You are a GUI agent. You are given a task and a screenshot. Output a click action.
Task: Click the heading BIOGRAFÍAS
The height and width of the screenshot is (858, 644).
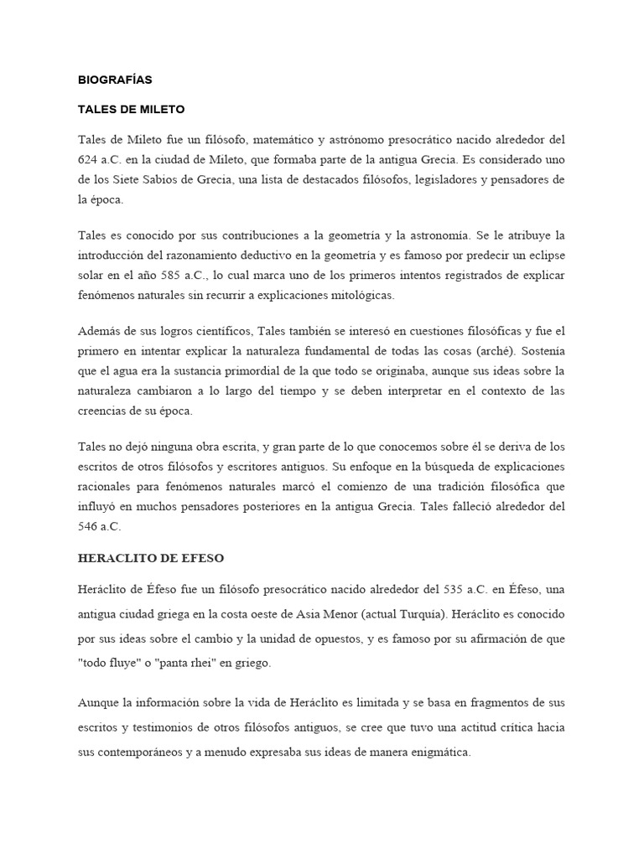[115, 80]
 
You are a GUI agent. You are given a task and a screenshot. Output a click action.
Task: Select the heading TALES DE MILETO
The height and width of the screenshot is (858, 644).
[131, 110]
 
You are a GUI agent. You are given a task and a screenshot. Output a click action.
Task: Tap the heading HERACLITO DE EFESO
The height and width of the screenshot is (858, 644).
[151, 558]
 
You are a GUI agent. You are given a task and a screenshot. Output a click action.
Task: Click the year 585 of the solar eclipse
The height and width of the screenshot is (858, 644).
[195, 276]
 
